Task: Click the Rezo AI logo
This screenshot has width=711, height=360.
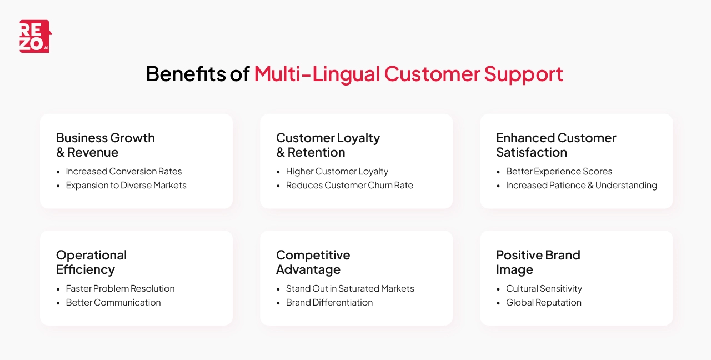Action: (35, 37)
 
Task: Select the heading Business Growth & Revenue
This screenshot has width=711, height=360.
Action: (106, 145)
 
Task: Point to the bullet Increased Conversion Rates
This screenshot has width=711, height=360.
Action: (123, 171)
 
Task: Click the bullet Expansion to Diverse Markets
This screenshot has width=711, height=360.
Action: (126, 185)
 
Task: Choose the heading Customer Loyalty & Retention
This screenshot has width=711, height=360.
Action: (328, 145)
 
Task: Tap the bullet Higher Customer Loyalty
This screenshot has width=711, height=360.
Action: (337, 171)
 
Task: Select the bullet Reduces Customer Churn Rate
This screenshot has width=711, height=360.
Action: (349, 185)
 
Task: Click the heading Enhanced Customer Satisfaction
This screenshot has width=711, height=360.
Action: (556, 145)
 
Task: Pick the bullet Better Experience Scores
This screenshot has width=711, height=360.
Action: (559, 171)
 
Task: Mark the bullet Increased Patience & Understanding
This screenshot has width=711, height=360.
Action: (581, 185)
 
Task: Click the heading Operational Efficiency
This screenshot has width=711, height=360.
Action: (91, 262)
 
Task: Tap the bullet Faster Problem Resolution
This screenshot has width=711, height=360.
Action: (120, 288)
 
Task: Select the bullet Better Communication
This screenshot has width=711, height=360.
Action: (113, 302)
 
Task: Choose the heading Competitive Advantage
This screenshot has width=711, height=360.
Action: (313, 262)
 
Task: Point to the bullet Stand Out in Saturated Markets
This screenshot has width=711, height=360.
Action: (350, 288)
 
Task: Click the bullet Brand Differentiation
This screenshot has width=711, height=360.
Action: (329, 302)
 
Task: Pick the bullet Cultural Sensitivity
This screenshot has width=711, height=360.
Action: (544, 288)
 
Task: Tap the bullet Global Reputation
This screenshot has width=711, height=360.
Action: (543, 302)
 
